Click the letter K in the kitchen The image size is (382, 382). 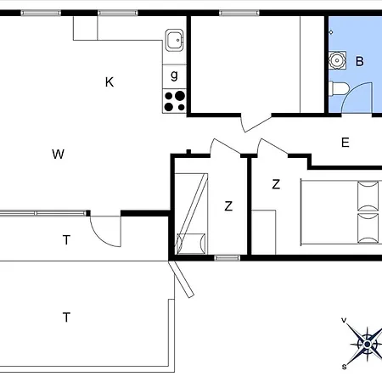point(110,82)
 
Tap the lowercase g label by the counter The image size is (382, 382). point(175,75)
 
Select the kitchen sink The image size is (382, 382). point(174,39)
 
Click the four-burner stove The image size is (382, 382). point(174,101)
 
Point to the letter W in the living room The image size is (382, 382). point(58,154)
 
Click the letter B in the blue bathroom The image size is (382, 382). point(359,61)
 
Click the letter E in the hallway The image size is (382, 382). point(345,143)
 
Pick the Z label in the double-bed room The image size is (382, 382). point(276,184)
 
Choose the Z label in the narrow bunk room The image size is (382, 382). point(228,205)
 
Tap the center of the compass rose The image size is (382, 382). point(367,343)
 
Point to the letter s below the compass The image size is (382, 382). point(344,367)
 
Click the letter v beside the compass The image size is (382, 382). point(344,320)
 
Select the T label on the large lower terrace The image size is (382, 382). point(65,317)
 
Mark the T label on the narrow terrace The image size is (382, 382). point(65,240)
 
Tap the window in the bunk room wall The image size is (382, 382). point(227,257)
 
